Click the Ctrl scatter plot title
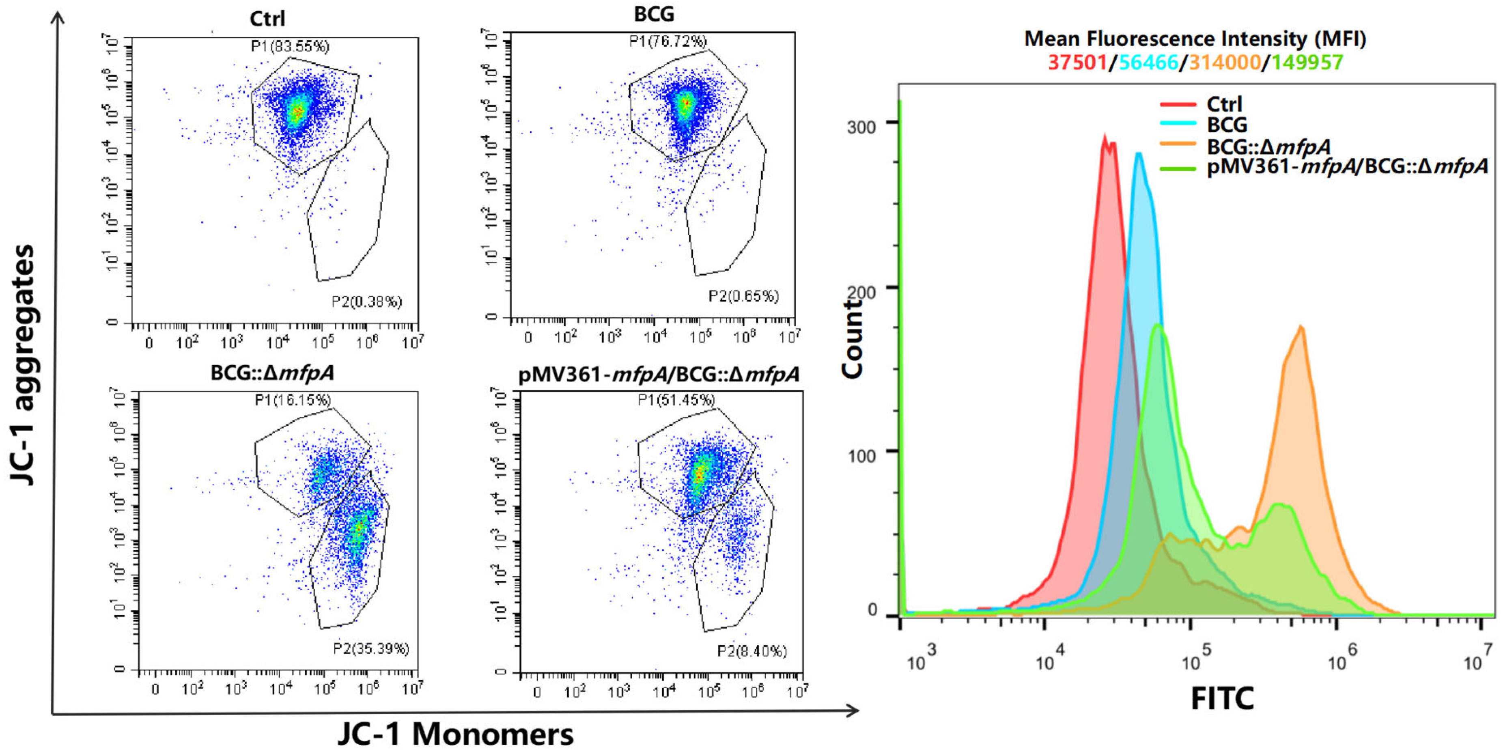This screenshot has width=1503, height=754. [x=267, y=19]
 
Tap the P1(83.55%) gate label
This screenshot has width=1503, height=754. [x=290, y=46]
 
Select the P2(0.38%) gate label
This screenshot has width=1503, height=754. [x=366, y=301]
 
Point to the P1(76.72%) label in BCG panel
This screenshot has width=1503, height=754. [x=668, y=41]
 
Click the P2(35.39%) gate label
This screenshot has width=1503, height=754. [x=371, y=648]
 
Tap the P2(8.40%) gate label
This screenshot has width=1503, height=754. [x=751, y=651]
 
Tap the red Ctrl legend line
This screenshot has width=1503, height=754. [x=1178, y=104]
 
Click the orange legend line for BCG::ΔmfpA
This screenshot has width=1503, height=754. [x=1178, y=144]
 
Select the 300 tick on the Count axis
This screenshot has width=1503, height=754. [x=861, y=127]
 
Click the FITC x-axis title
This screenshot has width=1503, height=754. [x=1222, y=698]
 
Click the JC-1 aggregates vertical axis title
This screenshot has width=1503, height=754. [x=24, y=365]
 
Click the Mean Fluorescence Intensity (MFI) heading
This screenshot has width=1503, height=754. [x=1195, y=39]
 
